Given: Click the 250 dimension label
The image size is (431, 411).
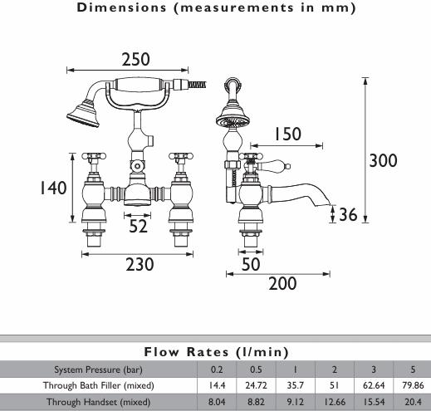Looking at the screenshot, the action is point(136,59).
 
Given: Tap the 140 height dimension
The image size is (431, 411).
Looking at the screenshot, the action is point(53,188).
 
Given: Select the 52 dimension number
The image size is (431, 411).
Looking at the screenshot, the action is point(138,226).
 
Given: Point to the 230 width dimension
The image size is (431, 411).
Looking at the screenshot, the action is point(140,264).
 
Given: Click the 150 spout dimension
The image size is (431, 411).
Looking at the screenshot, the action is point(287,134).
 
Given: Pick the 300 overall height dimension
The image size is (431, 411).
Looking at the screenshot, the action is point(383,160).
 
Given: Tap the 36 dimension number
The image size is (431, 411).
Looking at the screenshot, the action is point(348,214).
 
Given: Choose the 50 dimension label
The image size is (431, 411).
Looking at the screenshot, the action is point(251,264).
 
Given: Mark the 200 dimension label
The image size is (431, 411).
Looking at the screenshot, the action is point(282,284).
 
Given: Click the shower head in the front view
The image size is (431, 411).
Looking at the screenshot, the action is point(82,115).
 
